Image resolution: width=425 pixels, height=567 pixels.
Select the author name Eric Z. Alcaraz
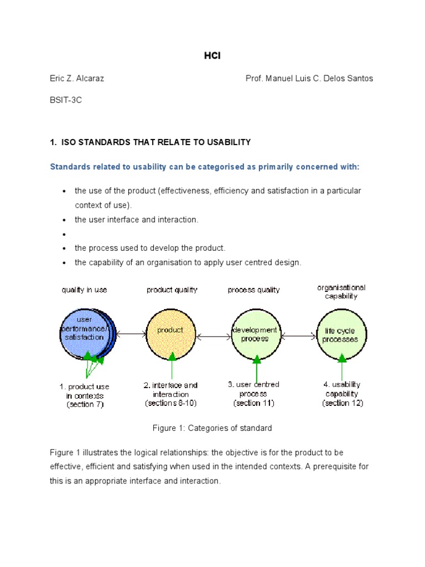point(77,78)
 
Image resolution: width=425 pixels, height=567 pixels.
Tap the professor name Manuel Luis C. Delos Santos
point(309,78)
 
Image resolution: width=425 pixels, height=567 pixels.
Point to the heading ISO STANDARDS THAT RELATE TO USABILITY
point(154,142)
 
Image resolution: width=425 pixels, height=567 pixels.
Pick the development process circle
point(255,334)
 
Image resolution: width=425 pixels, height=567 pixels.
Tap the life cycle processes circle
point(341,334)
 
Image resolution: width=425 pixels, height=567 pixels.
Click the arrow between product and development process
point(213,335)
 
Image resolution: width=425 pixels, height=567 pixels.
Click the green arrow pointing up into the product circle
point(172,365)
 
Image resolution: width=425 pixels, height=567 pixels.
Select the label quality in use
point(84,290)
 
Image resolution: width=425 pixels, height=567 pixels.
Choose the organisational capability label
point(341,292)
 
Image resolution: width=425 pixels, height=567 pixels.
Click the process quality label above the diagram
point(254,290)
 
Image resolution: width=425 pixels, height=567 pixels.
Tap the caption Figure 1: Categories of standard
point(212,428)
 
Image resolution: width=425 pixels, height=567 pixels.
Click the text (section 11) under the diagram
point(254,403)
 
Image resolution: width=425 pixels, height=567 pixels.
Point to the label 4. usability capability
point(342,389)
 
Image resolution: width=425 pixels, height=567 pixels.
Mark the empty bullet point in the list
point(64,234)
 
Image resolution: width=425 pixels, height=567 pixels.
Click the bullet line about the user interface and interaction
point(136,219)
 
